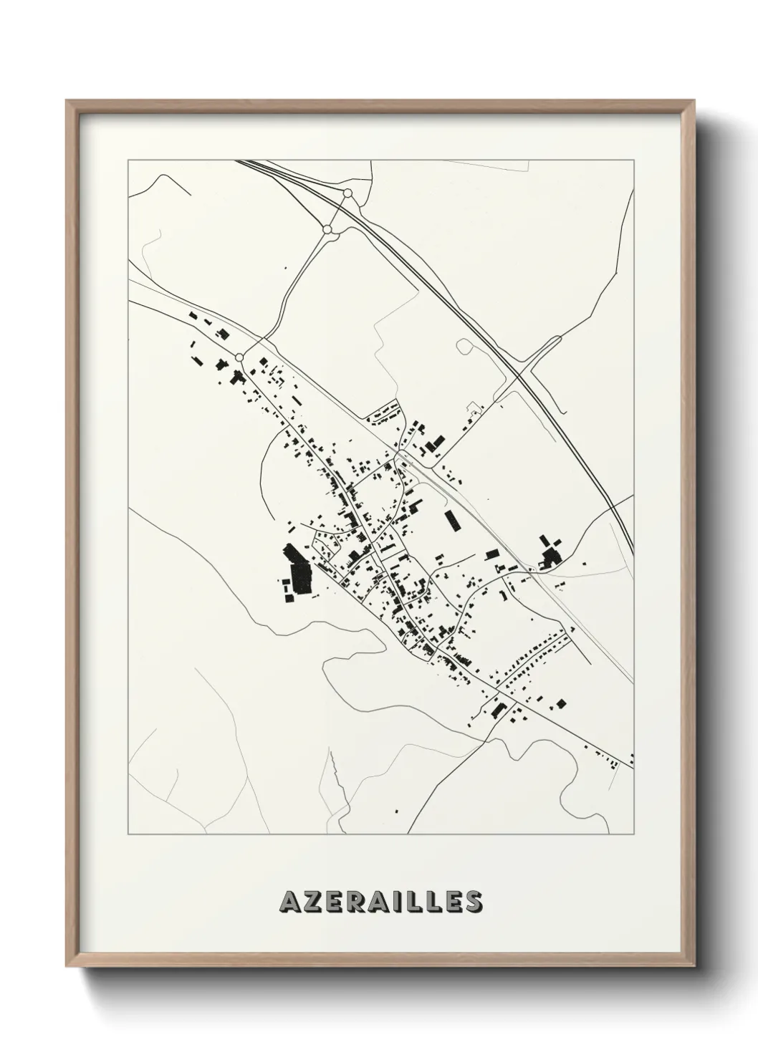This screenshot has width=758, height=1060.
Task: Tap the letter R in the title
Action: (361, 901)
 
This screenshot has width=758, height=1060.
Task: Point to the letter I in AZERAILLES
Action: (406, 901)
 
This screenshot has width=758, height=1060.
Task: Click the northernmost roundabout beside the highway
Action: (347, 193)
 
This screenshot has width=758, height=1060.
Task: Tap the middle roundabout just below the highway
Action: (327, 229)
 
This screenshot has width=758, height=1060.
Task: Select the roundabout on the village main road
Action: (239, 357)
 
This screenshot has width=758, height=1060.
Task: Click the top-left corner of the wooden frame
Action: (67, 101)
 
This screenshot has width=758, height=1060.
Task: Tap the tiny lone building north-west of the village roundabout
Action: (286, 268)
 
